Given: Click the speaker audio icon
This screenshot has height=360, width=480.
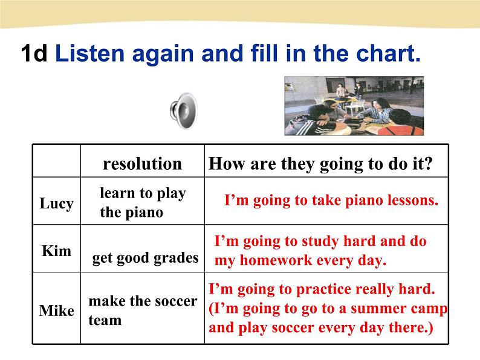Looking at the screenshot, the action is click(184, 111).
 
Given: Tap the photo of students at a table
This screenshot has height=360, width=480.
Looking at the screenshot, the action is click(354, 106).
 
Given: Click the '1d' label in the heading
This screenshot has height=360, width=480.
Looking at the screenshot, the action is click(34, 53).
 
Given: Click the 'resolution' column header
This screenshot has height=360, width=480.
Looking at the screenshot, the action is click(142, 164).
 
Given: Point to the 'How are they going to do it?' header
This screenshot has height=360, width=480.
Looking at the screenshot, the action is click(320, 164).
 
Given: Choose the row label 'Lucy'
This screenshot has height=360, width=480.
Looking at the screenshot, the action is click(57, 204).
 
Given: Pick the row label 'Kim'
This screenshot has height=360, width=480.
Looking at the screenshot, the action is click(57, 251).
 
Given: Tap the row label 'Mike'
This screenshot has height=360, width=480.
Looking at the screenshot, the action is click(57, 310).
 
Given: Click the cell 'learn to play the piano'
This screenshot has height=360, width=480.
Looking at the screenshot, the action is click(143, 203).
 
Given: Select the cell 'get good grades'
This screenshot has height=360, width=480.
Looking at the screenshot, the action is click(146, 258).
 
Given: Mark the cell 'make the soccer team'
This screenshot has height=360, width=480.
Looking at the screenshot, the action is click(143, 310).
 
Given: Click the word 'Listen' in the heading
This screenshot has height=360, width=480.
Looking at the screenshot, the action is click(90, 53).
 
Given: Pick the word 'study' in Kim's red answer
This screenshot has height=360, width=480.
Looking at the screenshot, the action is click(320, 242).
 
